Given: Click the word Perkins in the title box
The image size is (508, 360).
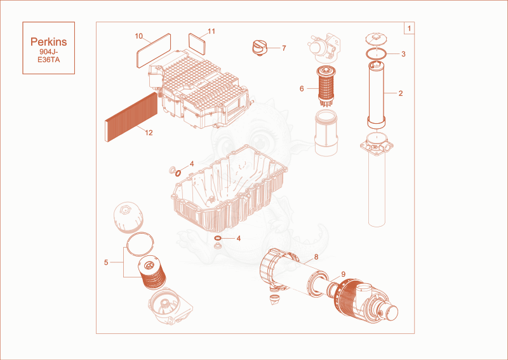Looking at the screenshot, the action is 49,42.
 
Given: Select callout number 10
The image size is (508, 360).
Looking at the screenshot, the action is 138,36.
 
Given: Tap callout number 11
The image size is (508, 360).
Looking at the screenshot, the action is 211,32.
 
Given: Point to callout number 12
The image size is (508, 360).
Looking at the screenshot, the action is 149,133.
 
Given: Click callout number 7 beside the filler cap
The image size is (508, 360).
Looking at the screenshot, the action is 284,48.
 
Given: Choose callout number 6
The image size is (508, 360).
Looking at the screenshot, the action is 302,89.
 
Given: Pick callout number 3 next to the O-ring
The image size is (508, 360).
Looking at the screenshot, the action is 403,54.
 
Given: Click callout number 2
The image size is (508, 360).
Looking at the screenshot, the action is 401,93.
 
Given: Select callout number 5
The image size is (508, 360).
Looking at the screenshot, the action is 106,262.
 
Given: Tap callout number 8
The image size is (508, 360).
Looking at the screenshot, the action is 316,257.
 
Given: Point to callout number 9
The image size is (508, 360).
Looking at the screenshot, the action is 343,274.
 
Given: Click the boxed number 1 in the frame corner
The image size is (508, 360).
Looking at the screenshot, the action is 409,28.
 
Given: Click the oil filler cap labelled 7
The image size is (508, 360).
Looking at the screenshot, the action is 259,48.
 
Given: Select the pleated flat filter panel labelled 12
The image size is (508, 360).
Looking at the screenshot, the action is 131,117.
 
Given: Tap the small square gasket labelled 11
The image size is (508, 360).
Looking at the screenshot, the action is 197,43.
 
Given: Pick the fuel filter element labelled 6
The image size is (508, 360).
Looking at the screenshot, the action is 326,86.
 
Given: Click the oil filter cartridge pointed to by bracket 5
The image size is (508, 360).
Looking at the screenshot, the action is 152,272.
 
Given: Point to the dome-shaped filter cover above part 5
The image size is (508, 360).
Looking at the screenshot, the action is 128,217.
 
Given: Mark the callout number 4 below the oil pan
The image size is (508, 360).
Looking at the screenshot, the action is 239,239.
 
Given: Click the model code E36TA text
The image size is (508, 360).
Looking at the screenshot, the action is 49,60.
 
